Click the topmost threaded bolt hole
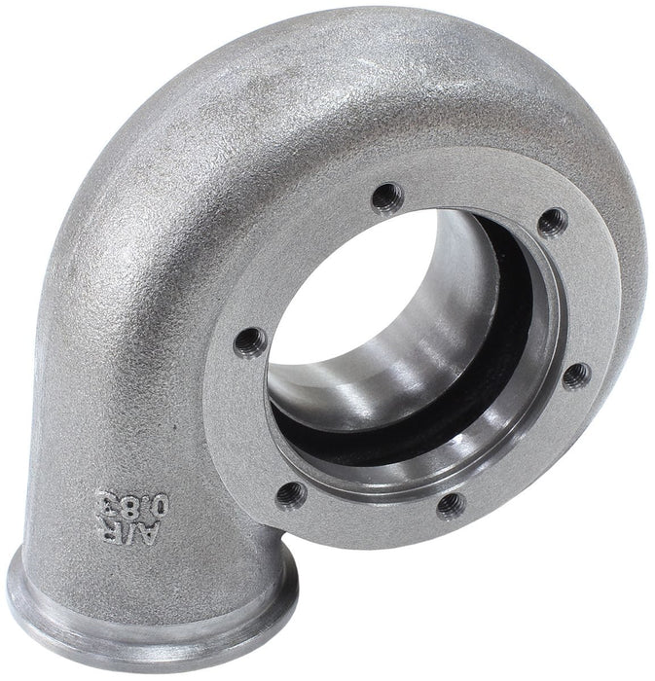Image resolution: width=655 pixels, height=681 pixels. [x=387, y=194]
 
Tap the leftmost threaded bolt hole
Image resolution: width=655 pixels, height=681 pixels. [x=250, y=341]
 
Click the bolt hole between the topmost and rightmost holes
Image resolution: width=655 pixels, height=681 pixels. [x=553, y=222]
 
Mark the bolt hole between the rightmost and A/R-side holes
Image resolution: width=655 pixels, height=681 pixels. [x=450, y=503]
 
